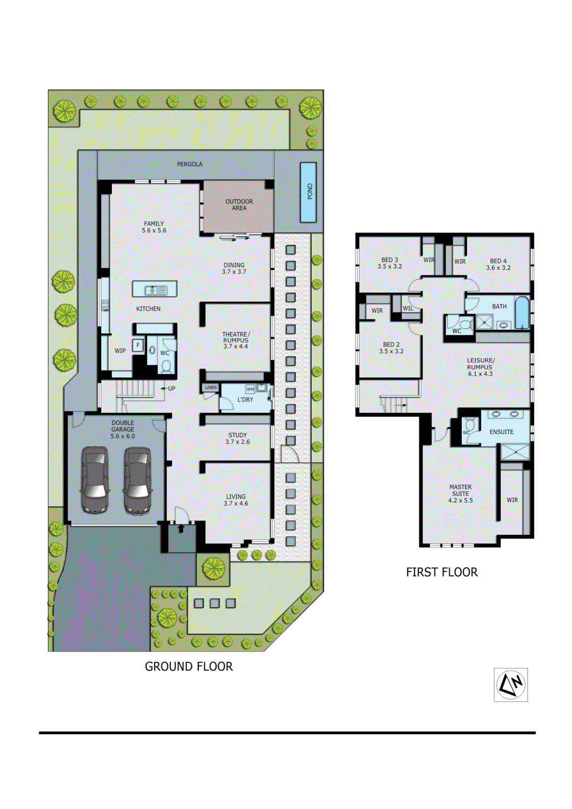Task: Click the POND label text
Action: point(310,192)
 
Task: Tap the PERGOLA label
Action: point(190,164)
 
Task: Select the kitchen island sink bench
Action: point(155,289)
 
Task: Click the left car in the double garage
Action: point(95,480)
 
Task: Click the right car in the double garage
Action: point(138,480)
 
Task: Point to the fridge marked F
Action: point(138,345)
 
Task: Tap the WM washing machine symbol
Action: point(250,389)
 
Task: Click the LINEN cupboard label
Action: point(211,388)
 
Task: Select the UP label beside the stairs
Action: point(171,388)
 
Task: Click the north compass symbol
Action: point(510,685)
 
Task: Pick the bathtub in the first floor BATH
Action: point(522,313)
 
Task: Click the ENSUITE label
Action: point(501,432)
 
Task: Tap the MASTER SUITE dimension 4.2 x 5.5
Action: point(460,500)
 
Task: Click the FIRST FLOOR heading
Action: point(442,572)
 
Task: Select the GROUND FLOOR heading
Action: point(189,666)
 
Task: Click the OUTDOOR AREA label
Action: point(239,204)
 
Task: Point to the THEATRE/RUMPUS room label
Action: point(236,337)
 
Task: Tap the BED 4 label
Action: point(498,261)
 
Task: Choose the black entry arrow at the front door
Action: point(181,528)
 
